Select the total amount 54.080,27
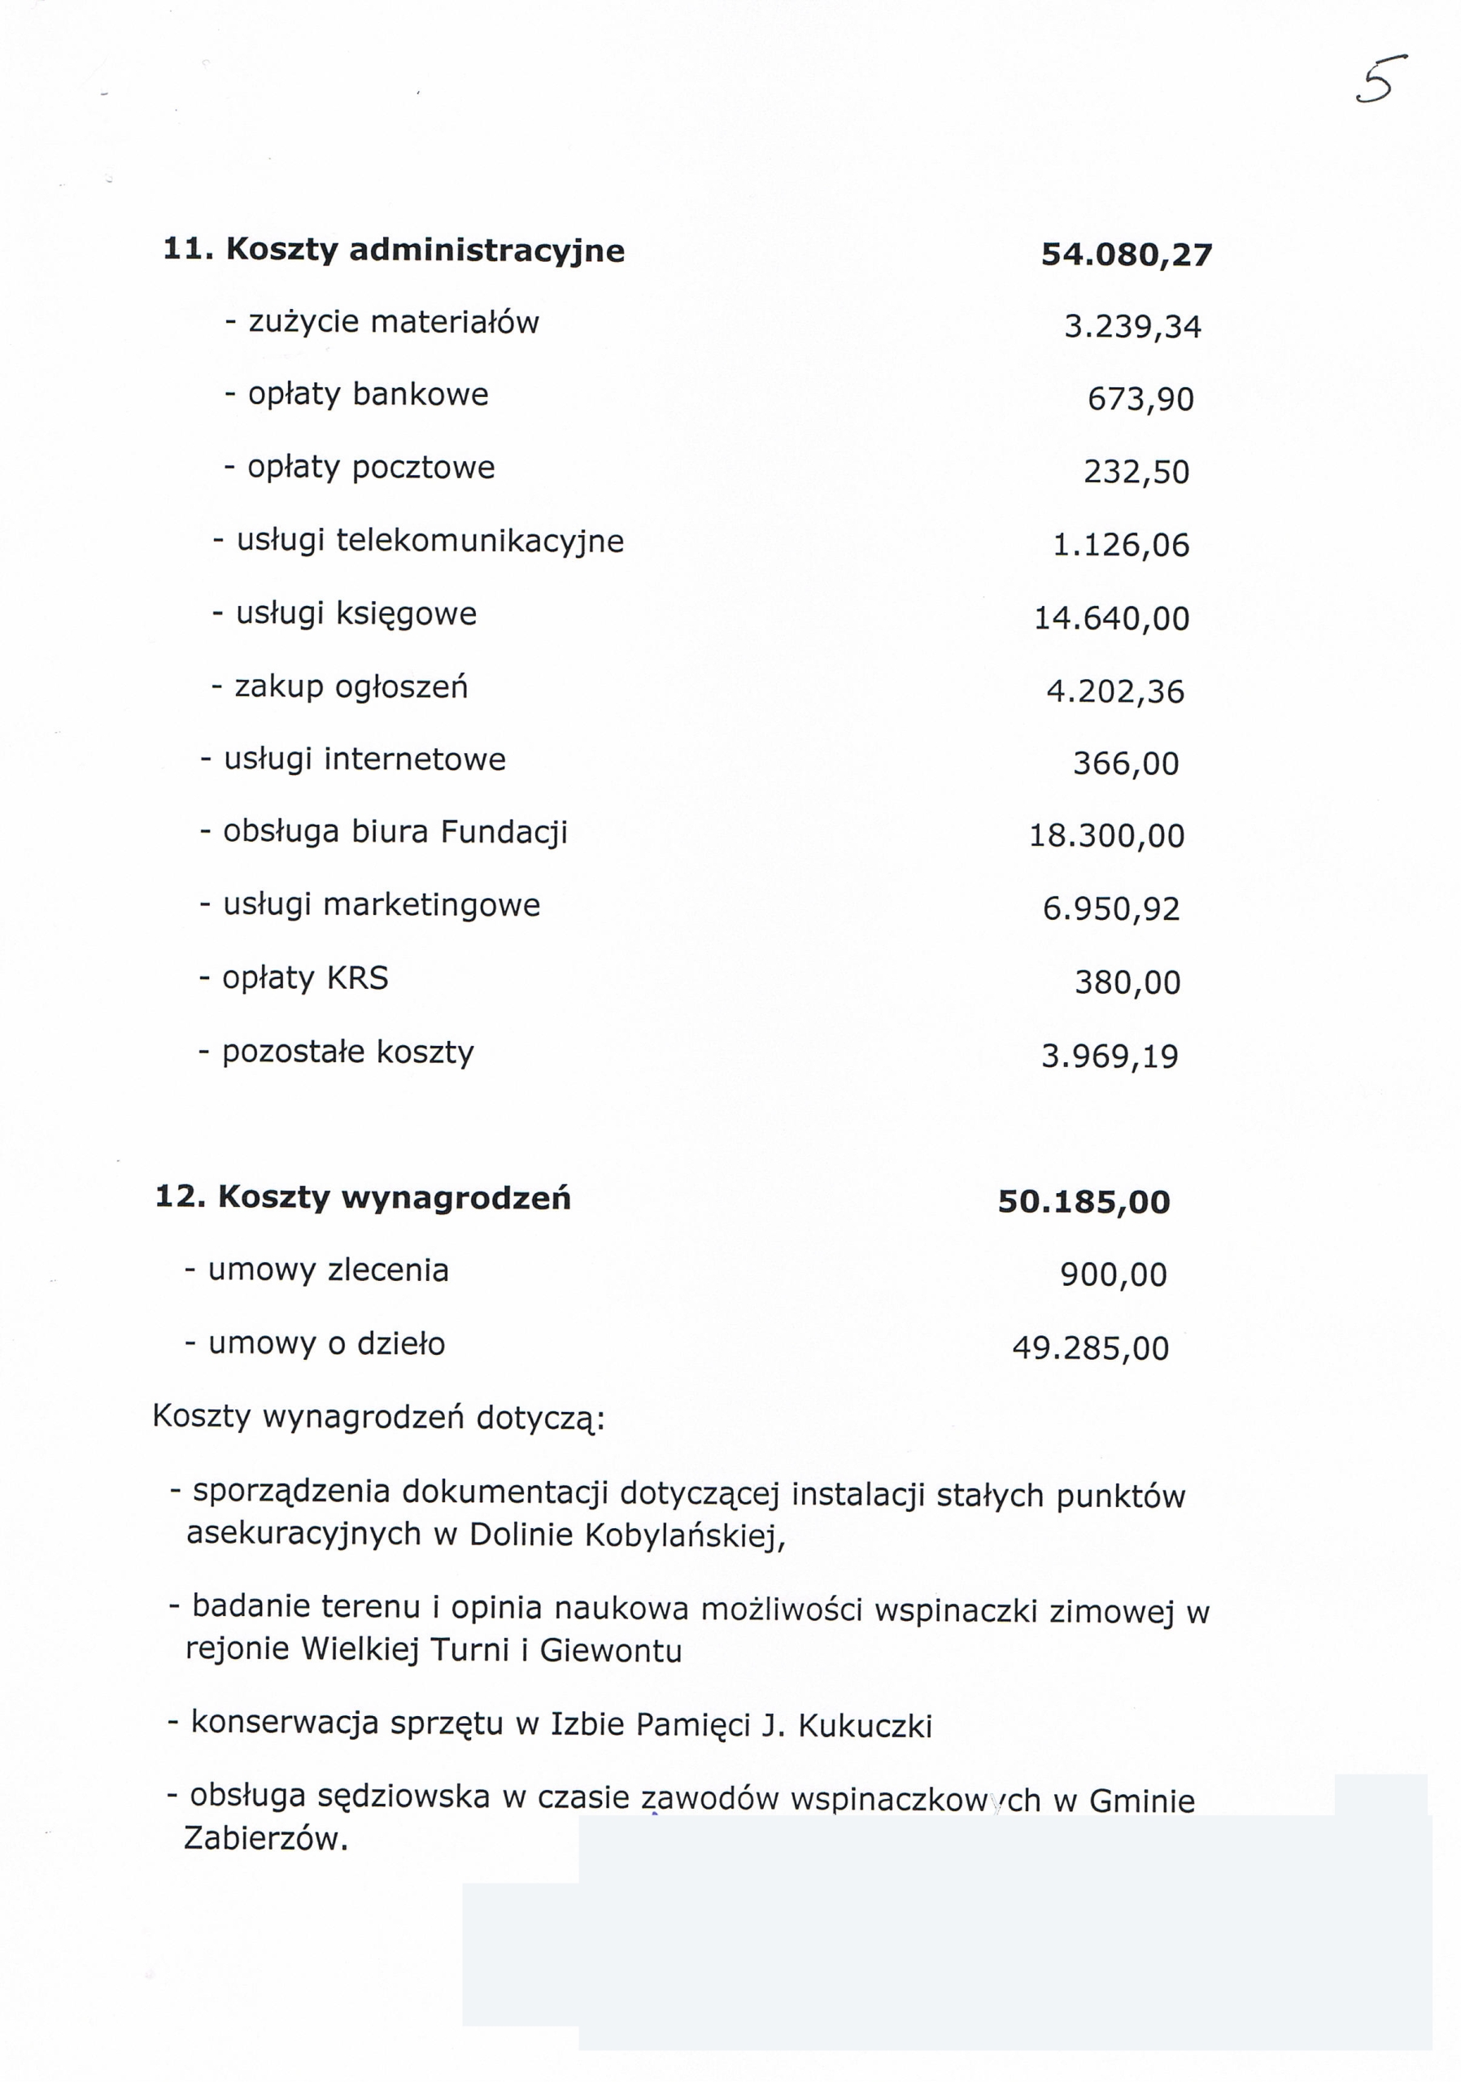[1126, 255]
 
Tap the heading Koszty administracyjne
[425, 250]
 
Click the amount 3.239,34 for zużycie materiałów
[1132, 326]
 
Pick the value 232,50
[1136, 473]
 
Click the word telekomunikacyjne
[480, 542]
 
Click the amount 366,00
[1126, 764]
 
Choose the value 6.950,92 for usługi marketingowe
[1111, 908]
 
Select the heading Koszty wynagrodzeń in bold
[395, 1198]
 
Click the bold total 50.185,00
[1084, 1202]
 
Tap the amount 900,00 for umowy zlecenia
[1113, 1276]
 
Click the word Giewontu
[610, 1650]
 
